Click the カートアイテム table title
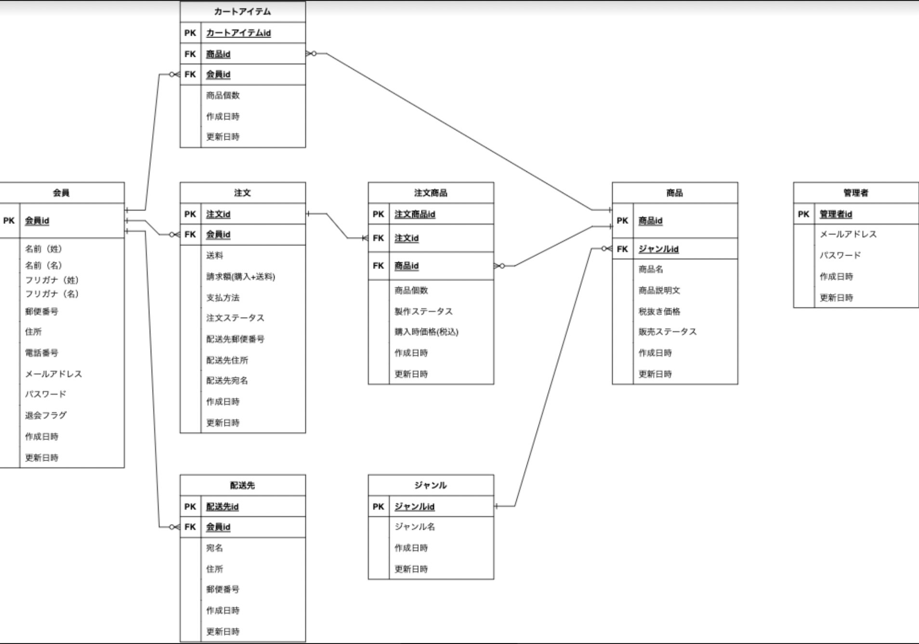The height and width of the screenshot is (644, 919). (242, 12)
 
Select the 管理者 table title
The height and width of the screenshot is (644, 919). (855, 193)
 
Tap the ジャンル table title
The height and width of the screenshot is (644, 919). (431, 485)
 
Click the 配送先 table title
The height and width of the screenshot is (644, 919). (242, 485)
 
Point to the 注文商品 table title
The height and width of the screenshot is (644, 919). (431, 193)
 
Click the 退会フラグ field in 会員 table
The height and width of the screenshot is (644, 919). (46, 415)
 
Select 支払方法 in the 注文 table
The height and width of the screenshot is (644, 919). (223, 297)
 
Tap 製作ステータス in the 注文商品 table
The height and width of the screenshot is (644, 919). (423, 311)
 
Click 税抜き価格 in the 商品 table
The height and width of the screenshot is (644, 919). (659, 311)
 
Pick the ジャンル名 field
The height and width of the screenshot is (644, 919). (414, 527)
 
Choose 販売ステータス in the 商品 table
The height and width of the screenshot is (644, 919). (667, 332)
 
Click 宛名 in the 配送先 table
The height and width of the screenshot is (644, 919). (214, 548)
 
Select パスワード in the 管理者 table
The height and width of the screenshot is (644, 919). (840, 255)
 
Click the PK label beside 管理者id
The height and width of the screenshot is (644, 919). (803, 214)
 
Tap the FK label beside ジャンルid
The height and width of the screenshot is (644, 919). (622, 249)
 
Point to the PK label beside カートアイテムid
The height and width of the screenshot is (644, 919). (190, 33)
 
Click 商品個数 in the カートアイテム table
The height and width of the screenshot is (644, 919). (223, 95)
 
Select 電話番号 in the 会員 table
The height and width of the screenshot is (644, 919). (41, 353)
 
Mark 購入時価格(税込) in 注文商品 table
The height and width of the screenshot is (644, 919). (426, 332)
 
